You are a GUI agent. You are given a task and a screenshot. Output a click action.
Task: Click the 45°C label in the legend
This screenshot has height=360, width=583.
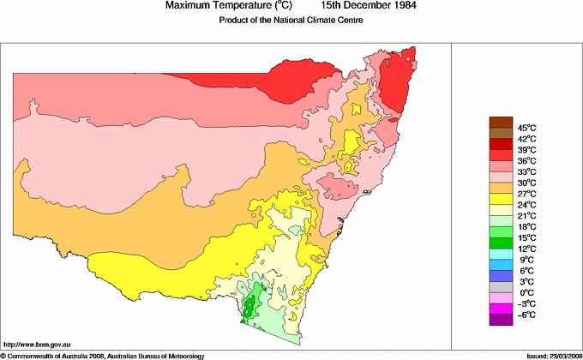point(526,127)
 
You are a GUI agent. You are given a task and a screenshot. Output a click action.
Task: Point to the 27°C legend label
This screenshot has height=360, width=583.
point(526,194)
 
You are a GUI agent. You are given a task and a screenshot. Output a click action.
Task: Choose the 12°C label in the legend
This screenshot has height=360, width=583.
point(526,249)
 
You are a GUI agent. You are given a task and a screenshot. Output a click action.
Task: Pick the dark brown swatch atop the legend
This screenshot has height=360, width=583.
point(500,122)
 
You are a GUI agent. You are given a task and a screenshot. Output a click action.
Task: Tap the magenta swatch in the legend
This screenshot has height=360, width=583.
point(500,309)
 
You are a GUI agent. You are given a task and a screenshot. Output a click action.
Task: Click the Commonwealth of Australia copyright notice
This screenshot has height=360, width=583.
point(103,355)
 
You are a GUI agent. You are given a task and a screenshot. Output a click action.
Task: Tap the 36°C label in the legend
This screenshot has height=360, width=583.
point(526,160)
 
